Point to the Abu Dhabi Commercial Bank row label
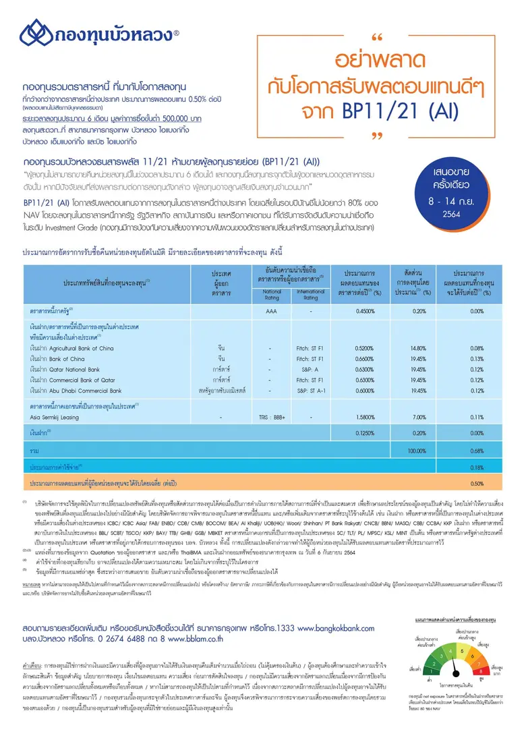pos(76,390)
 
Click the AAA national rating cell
pos(271,312)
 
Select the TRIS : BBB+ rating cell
pos(271,418)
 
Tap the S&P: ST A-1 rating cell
pos(310,390)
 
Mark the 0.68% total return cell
pos(476,450)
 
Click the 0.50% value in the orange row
pos(476,484)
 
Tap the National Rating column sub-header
pos(271,295)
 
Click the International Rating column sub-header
pos(310,295)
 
